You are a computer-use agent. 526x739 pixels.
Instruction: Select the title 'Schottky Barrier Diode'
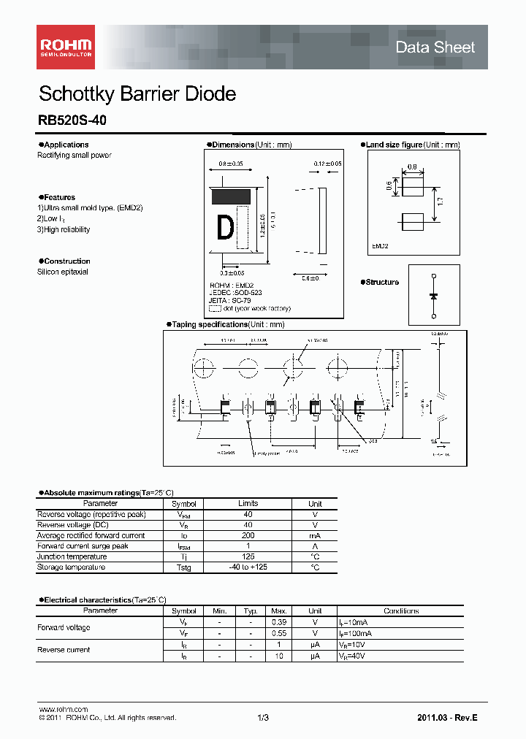(x=137, y=94)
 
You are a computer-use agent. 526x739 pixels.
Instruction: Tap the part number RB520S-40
(x=72, y=120)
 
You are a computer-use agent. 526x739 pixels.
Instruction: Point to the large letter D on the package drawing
(x=226, y=228)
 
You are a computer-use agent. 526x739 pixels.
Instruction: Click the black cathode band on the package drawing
(x=232, y=195)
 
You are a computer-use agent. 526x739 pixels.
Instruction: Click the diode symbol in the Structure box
(x=433, y=296)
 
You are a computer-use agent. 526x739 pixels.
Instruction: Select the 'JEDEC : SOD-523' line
(x=236, y=293)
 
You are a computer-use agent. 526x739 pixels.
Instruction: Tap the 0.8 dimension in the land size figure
(x=412, y=167)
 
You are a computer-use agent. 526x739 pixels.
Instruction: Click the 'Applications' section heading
(x=64, y=145)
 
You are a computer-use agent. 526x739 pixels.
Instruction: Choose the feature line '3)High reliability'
(x=64, y=229)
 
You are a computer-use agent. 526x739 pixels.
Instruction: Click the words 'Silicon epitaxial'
(x=63, y=272)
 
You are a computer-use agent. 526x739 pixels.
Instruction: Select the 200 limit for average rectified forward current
(x=248, y=535)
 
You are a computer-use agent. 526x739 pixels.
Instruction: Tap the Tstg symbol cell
(x=184, y=567)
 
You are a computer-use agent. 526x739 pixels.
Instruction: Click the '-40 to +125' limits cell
(x=248, y=567)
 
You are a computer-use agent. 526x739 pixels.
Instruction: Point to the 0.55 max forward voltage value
(x=279, y=633)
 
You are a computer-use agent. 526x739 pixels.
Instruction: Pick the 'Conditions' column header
(x=401, y=610)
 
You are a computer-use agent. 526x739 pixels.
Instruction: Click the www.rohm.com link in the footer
(x=63, y=710)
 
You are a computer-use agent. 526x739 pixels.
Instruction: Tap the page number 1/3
(x=263, y=718)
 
